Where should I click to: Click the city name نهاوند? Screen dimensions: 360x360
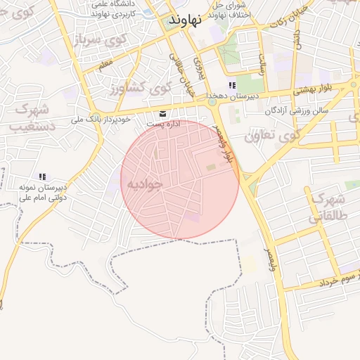point(185,20)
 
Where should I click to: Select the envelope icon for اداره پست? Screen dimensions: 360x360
point(163,113)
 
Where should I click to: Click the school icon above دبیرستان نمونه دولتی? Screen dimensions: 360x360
point(42,176)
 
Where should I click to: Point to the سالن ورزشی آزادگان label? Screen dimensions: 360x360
point(293,111)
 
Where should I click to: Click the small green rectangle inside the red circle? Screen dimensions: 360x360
point(211,167)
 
